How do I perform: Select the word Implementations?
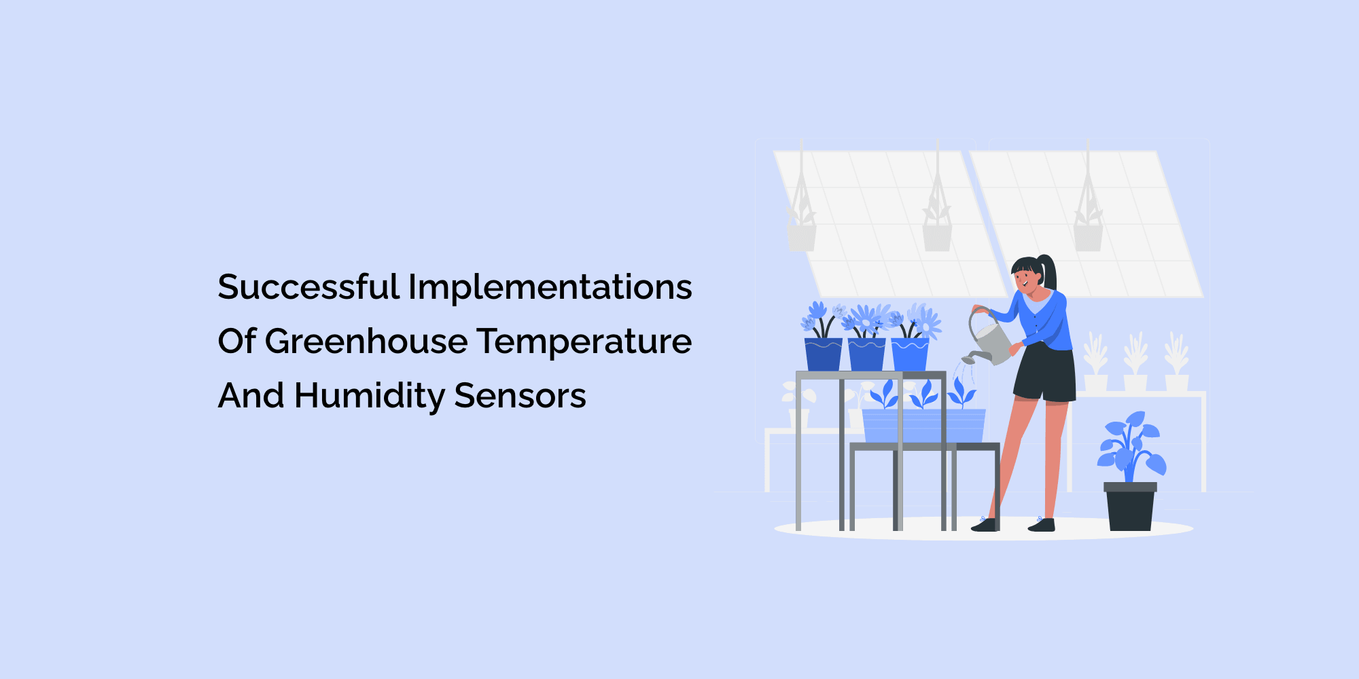click(x=550, y=288)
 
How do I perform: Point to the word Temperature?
click(x=584, y=342)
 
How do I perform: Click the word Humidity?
click(x=370, y=397)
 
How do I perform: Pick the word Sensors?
click(x=520, y=397)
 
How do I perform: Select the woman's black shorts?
click(x=1045, y=373)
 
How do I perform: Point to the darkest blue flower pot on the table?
click(x=823, y=354)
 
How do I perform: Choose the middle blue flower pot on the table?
click(x=866, y=354)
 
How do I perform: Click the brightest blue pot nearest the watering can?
click(x=910, y=354)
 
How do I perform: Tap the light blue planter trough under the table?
click(x=923, y=426)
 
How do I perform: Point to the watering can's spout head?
click(x=968, y=359)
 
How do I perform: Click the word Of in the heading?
click(x=236, y=341)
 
